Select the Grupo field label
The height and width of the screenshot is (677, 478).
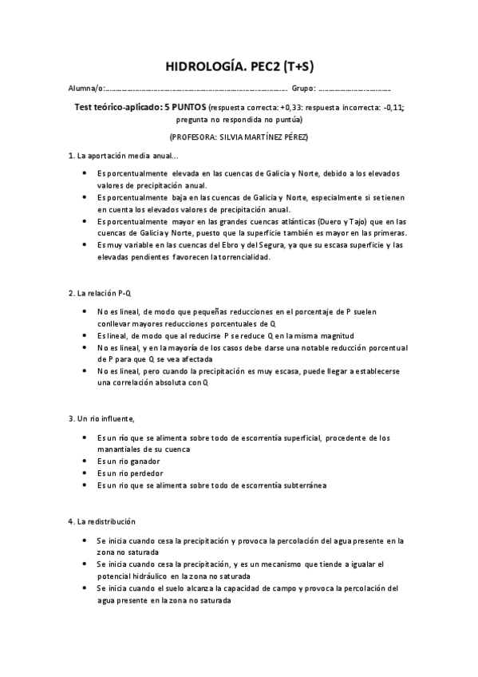303,88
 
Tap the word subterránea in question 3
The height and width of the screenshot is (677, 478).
301,485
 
